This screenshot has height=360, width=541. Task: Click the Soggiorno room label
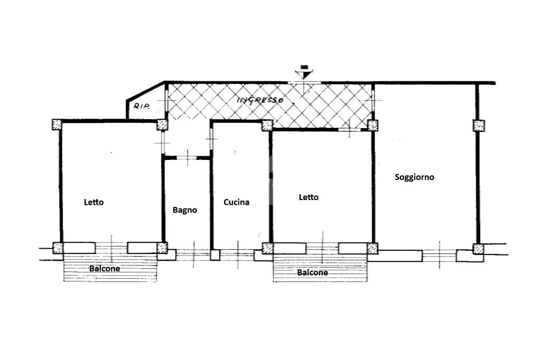click(x=414, y=177)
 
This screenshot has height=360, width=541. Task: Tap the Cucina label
click(x=236, y=202)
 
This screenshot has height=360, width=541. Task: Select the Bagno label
click(x=184, y=210)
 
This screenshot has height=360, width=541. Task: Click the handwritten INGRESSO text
click(x=260, y=100)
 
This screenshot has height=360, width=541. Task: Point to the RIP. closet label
click(x=142, y=107)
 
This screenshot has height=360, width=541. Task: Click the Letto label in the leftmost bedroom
click(x=94, y=202)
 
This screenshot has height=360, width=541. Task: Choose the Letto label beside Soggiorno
click(x=309, y=197)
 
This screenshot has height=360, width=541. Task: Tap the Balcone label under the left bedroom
click(x=105, y=269)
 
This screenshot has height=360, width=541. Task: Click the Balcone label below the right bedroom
click(x=313, y=272)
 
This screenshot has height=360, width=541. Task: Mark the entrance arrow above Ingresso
click(x=304, y=72)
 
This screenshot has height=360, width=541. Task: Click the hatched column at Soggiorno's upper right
click(x=479, y=126)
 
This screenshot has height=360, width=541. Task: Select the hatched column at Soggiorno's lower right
click(x=478, y=249)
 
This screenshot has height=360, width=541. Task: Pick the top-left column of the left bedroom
click(x=57, y=125)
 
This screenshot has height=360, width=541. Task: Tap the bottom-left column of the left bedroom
click(x=58, y=248)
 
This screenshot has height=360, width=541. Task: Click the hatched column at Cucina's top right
click(x=267, y=126)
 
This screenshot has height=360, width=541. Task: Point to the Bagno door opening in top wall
click(x=186, y=158)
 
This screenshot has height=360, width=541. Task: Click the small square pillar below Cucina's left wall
click(x=215, y=255)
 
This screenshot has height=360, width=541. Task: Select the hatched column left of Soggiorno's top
click(x=372, y=126)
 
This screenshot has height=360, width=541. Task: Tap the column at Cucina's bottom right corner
click(x=268, y=248)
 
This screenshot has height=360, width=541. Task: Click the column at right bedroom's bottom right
click(x=372, y=248)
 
